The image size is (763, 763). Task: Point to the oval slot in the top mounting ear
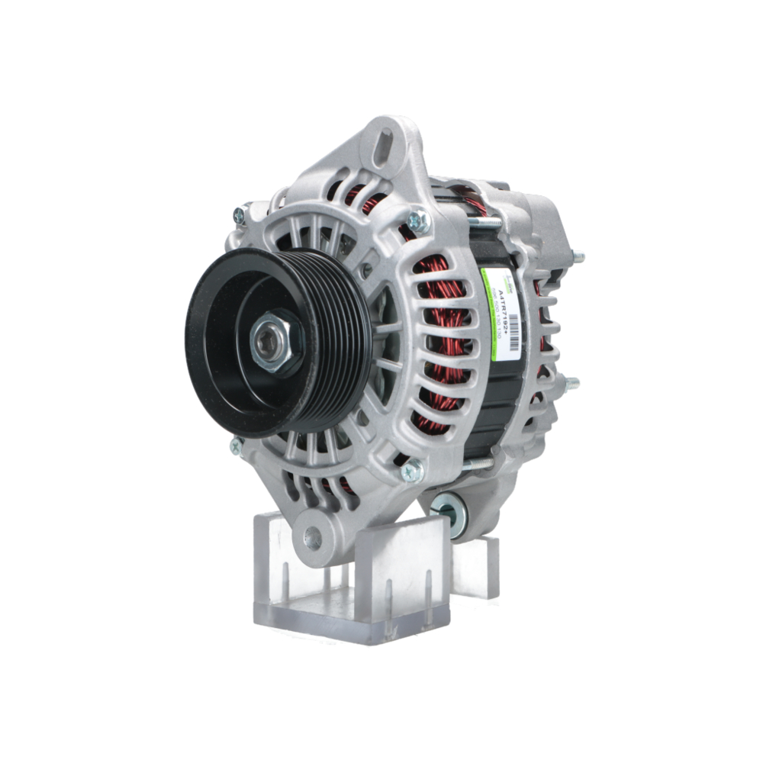(x=385, y=144)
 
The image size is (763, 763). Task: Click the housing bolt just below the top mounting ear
(x=417, y=222)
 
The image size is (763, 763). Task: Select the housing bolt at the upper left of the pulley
(x=240, y=215)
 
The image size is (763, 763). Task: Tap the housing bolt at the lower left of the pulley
(x=237, y=445)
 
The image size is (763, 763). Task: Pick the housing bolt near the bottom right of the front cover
(x=412, y=471)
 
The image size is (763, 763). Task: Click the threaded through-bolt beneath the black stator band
(x=477, y=462)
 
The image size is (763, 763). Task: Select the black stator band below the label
(x=488, y=404)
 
